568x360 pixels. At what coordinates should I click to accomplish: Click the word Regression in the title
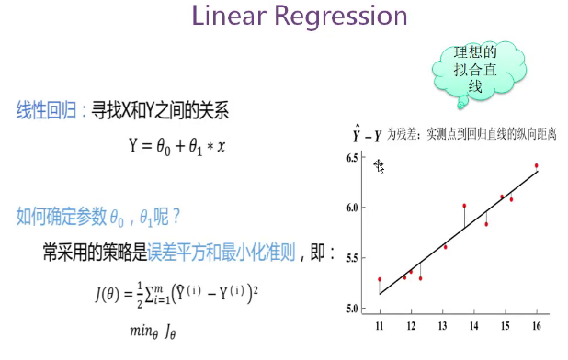coord(341,17)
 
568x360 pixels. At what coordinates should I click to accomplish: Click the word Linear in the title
coord(229,16)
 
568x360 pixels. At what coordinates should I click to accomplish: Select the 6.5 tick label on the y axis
coord(352,158)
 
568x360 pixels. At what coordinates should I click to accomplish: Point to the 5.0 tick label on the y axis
coord(352,309)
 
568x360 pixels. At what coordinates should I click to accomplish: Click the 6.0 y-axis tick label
coord(352,208)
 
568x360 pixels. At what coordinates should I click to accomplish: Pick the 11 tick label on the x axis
coord(380,326)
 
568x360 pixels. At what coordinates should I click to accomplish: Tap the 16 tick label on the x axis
coord(537,326)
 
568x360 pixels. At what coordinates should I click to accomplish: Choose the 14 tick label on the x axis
coord(474,326)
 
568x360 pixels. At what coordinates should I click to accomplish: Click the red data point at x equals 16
coord(537,165)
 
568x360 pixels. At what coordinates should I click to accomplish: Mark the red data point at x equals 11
coord(380,279)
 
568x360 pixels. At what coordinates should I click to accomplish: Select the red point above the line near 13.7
coord(464,206)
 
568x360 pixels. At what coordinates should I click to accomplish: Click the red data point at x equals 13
coord(446,247)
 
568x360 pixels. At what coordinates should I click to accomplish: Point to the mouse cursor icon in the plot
coord(379,166)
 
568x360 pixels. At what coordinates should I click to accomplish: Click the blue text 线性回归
coord(46,110)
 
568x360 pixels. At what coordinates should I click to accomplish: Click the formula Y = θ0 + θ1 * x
coord(177,147)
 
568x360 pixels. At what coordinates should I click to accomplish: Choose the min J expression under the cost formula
coord(153,331)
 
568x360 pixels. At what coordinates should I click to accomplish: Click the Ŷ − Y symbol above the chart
coord(367,134)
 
